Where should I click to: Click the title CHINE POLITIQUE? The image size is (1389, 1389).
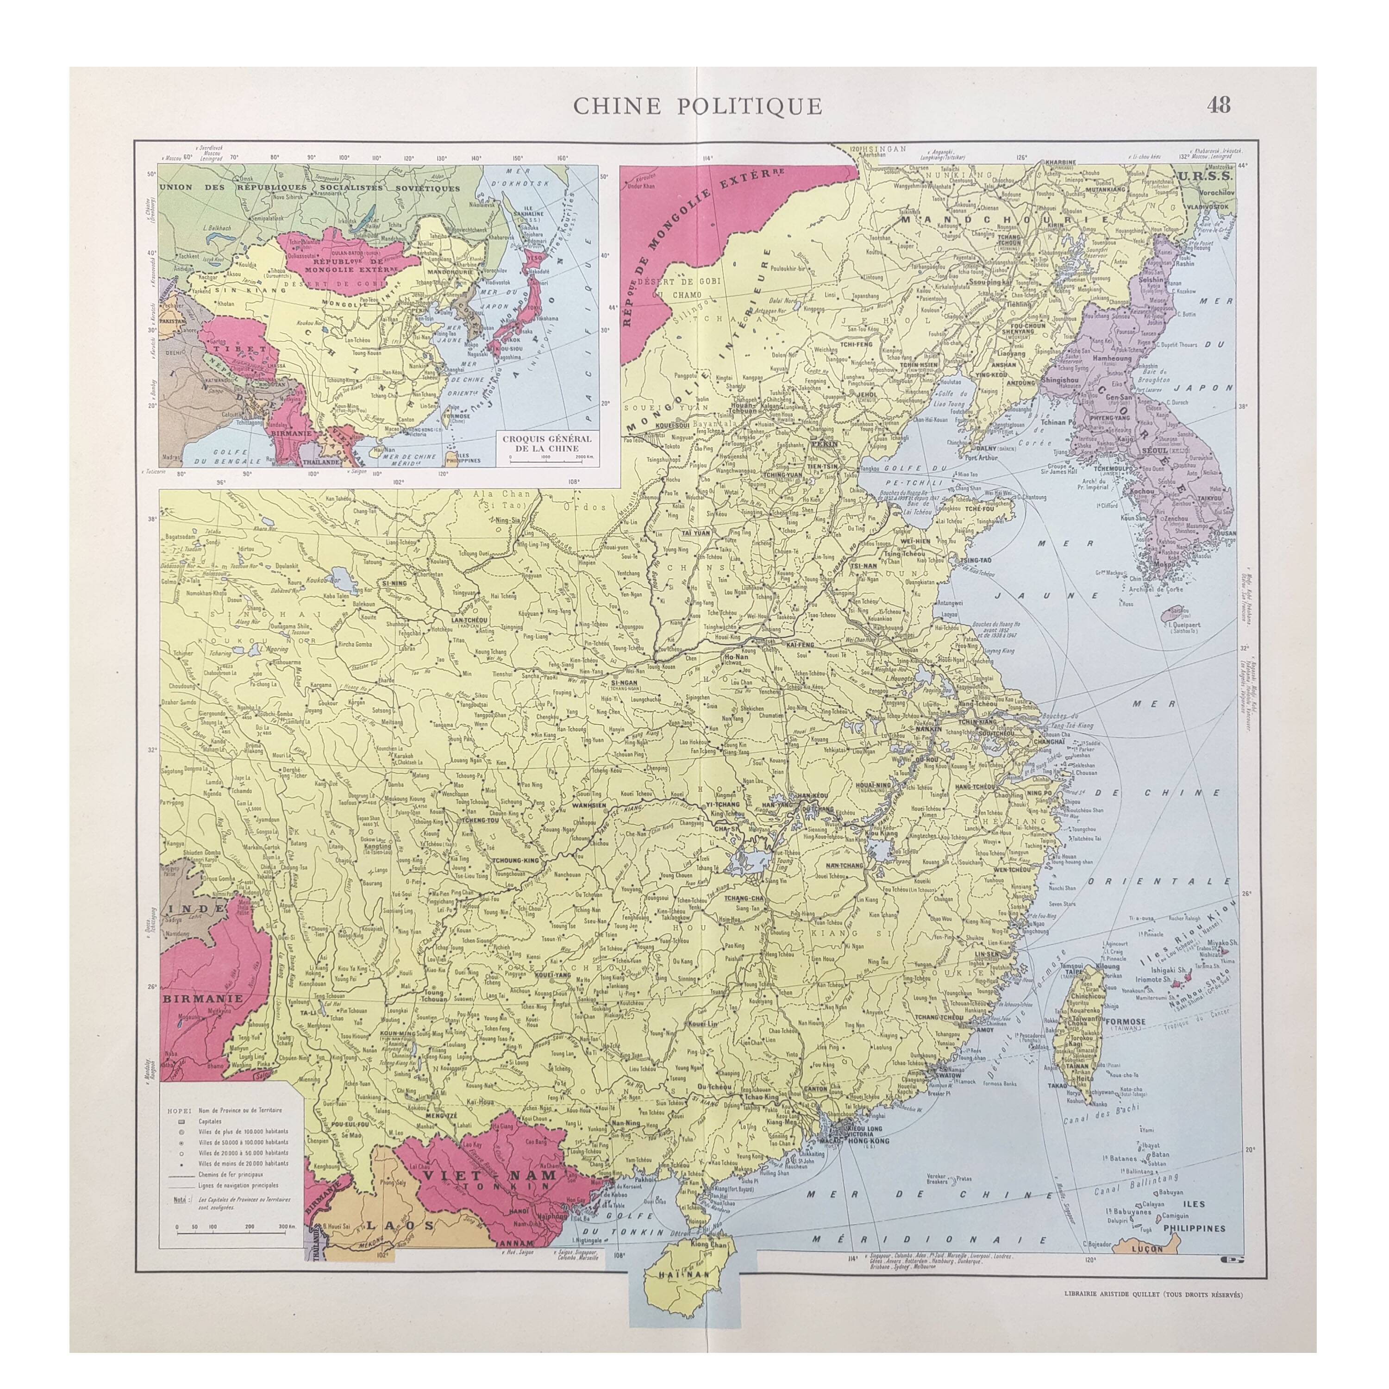(697, 106)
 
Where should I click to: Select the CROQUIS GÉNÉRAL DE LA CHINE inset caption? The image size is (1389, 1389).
(548, 443)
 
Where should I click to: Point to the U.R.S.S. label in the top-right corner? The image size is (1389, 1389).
(1210, 175)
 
